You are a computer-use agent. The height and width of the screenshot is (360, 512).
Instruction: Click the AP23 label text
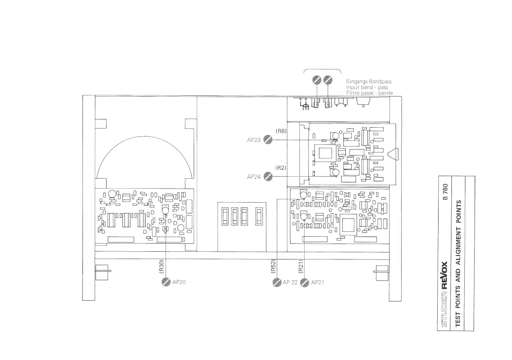pos(254,140)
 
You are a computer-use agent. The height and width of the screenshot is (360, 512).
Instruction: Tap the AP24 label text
pos(254,177)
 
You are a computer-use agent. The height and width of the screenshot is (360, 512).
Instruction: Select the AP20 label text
pos(179,282)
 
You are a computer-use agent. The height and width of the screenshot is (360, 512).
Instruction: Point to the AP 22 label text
pos(290,282)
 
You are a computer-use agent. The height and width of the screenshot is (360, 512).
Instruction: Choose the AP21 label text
pos(318,282)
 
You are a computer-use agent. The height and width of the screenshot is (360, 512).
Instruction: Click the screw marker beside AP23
pos(268,140)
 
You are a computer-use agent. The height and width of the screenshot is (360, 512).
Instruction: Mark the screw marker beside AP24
pos(268,177)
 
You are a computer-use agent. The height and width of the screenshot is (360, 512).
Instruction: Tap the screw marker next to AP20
pos(166,282)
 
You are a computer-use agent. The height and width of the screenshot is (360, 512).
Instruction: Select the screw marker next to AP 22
pos(277,282)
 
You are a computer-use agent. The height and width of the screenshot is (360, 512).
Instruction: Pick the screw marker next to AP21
pos(305,282)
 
